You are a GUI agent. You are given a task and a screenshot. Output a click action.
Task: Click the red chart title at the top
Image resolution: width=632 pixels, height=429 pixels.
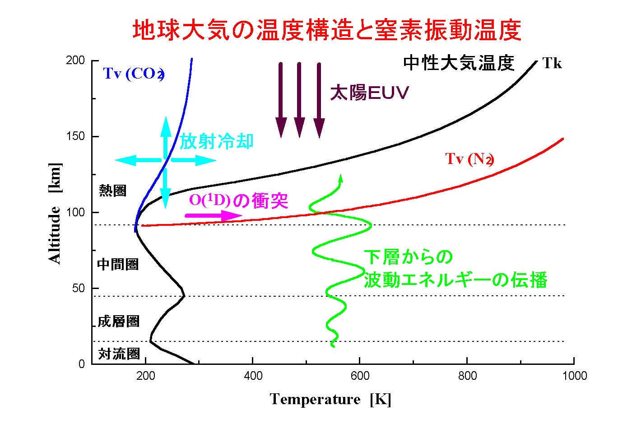coord(327,30)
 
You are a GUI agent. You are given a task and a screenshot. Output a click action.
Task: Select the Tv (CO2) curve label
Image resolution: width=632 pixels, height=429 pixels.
coord(133,73)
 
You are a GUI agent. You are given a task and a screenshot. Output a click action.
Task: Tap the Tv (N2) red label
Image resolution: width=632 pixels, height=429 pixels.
coord(469,159)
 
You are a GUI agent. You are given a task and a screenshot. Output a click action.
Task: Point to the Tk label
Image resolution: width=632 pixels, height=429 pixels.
coord(552,63)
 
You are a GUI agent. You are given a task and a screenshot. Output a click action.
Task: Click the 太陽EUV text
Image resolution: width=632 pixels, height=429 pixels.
coord(369,93)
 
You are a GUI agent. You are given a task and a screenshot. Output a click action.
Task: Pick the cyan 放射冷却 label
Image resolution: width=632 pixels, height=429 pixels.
coord(217,141)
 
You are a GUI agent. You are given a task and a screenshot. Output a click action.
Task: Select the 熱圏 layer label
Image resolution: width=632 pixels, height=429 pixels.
coord(112,191)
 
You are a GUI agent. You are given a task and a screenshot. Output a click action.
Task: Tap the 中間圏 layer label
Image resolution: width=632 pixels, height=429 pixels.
coord(118,264)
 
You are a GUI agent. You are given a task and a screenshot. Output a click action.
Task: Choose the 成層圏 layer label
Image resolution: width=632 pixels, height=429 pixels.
coord(118,321)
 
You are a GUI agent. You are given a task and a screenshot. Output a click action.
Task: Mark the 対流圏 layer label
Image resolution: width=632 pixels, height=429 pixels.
coord(119,354)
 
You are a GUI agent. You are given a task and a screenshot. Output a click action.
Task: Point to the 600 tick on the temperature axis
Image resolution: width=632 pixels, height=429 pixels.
coord(360,376)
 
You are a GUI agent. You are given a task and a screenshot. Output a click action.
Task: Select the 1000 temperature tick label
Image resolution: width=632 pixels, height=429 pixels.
coord(574,376)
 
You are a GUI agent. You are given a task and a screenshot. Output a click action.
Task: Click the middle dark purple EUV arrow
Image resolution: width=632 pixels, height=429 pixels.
coord(299,99)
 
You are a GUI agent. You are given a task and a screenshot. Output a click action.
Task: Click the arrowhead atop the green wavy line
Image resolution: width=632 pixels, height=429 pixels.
coord(340,178)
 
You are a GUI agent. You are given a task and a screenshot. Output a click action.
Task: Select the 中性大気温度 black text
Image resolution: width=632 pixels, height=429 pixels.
coord(459,63)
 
